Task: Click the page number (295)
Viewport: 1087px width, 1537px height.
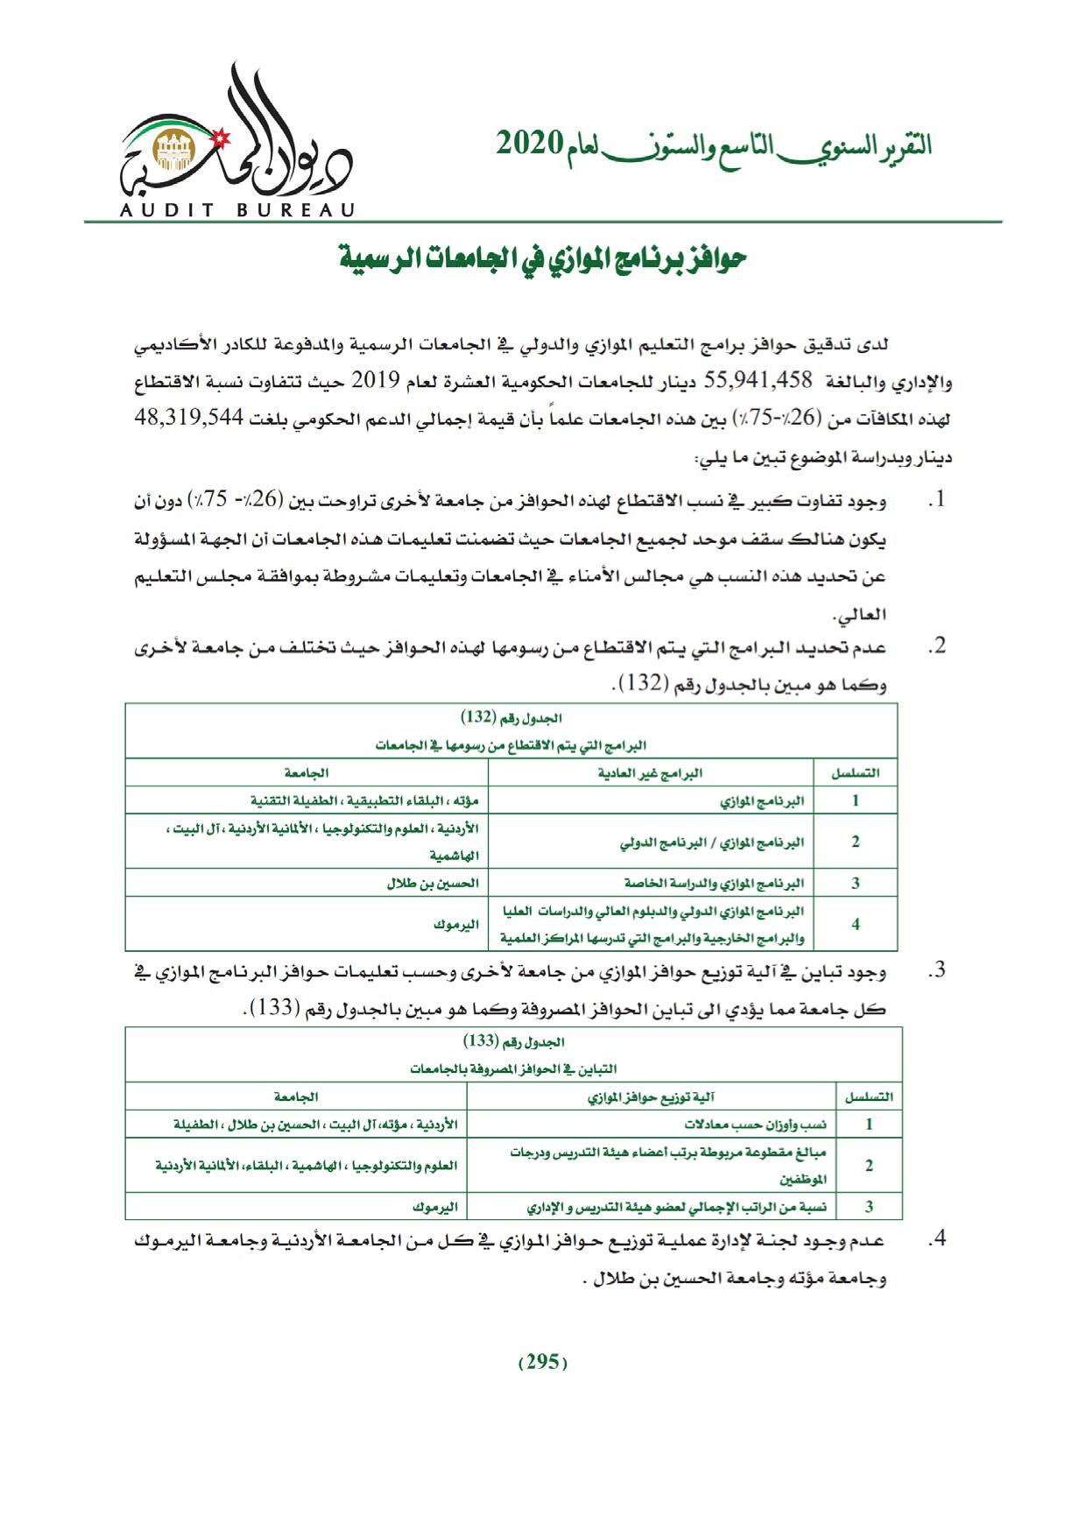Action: [543, 1361]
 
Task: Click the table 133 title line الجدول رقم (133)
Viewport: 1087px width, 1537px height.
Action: [513, 1041]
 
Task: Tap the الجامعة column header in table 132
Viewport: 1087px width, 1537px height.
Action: [306, 773]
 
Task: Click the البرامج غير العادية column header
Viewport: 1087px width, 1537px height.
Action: [649, 773]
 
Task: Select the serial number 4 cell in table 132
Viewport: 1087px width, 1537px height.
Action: [855, 924]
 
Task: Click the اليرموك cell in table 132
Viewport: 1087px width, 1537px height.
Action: [456, 924]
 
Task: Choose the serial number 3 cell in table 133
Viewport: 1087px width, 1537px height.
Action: [869, 1207]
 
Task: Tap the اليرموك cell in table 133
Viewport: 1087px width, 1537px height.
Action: [435, 1207]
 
